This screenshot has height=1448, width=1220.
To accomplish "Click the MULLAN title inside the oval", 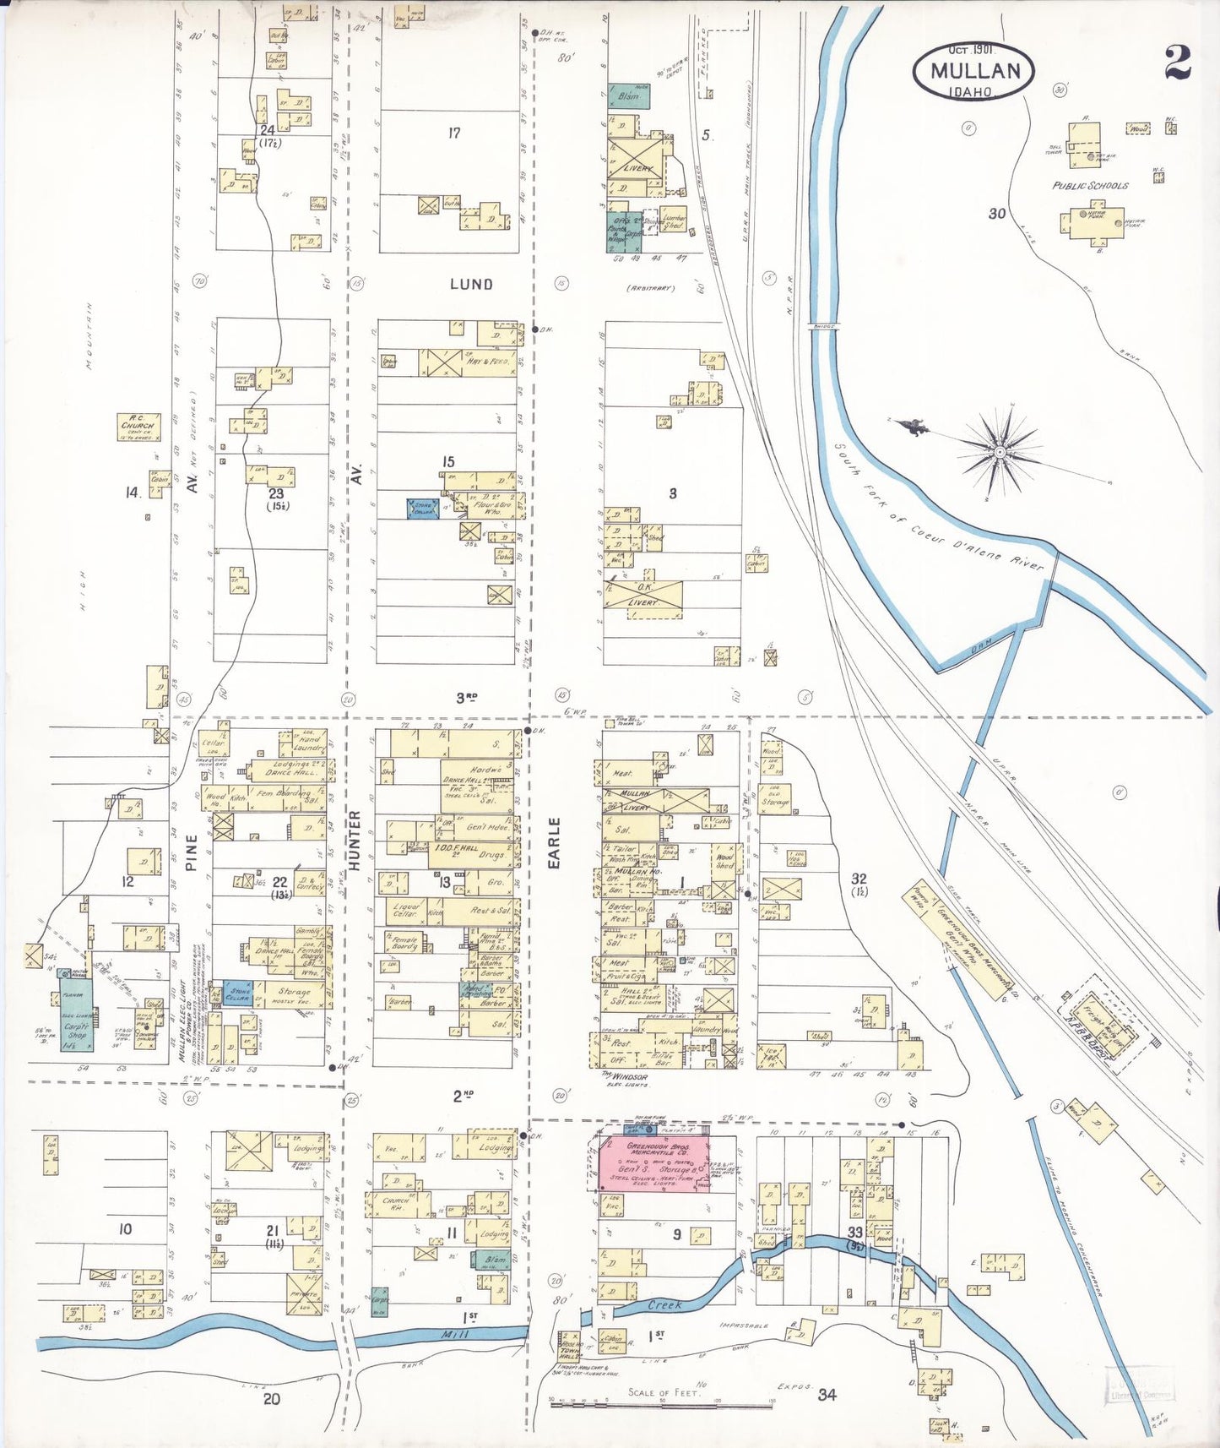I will tap(974, 71).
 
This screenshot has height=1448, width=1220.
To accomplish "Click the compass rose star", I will tap(1000, 453).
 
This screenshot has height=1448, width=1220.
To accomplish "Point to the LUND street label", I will tap(471, 284).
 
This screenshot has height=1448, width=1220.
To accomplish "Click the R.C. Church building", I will tap(138, 427).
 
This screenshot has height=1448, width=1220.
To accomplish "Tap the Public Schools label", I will tap(1089, 185).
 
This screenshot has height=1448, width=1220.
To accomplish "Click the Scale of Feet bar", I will tap(662, 1401).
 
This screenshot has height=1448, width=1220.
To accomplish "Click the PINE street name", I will tap(192, 852).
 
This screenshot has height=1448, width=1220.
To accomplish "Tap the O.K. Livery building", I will tap(645, 595).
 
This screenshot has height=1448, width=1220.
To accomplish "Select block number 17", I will tap(453, 133).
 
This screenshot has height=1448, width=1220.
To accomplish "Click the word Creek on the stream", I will tap(664, 1305).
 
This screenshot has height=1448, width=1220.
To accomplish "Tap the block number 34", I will tap(827, 1395).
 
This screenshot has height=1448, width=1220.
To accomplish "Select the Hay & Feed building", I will tap(466, 362).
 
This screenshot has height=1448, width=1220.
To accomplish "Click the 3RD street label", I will tap(466, 698).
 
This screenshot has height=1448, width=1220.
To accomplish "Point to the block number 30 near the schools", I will tap(997, 214).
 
